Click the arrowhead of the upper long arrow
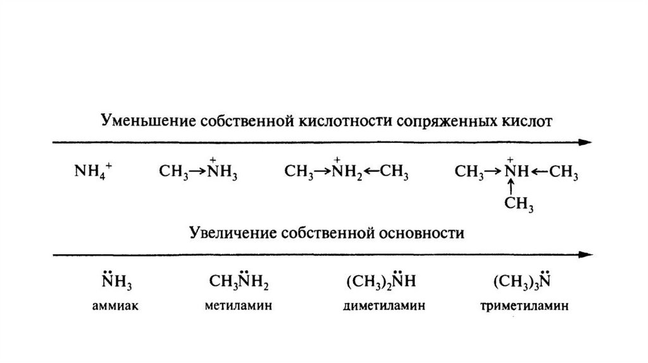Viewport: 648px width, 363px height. pos(588,142)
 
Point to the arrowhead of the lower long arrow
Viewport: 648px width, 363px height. pos(588,255)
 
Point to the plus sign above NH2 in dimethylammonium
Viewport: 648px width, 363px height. pos(338,159)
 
